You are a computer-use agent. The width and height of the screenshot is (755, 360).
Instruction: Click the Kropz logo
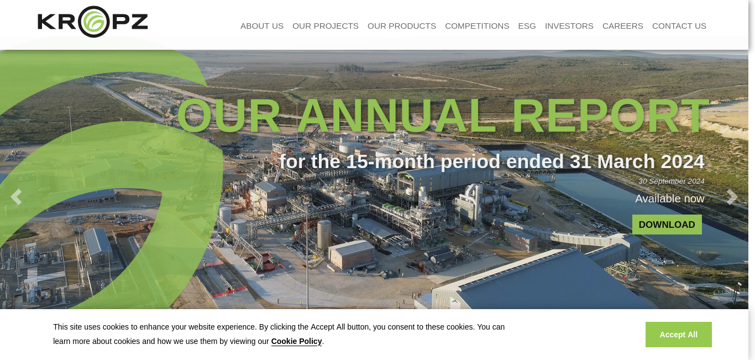[93, 22]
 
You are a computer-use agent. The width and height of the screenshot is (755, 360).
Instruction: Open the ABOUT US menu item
[262, 26]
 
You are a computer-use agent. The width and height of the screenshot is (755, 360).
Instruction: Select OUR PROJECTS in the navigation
[325, 26]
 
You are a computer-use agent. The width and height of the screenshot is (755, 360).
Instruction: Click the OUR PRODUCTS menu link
[401, 26]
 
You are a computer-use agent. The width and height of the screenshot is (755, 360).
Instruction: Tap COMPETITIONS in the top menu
[477, 26]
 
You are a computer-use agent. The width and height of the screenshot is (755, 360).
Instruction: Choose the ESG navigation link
[527, 26]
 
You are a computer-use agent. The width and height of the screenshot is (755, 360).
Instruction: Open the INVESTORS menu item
[569, 26]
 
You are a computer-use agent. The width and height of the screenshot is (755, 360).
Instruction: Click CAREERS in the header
[622, 26]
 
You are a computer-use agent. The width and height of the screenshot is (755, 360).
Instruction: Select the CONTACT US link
[679, 26]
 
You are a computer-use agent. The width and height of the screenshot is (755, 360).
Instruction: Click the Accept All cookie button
[679, 335]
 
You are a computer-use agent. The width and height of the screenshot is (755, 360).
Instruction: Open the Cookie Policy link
[296, 341]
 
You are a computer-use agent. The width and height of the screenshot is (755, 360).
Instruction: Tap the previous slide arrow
[16, 197]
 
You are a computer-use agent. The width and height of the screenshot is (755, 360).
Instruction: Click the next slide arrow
[732, 197]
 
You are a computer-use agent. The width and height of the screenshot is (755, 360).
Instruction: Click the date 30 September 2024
[672, 181]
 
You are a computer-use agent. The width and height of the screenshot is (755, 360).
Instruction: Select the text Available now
[670, 199]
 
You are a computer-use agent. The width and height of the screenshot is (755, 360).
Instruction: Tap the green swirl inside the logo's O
[93, 22]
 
